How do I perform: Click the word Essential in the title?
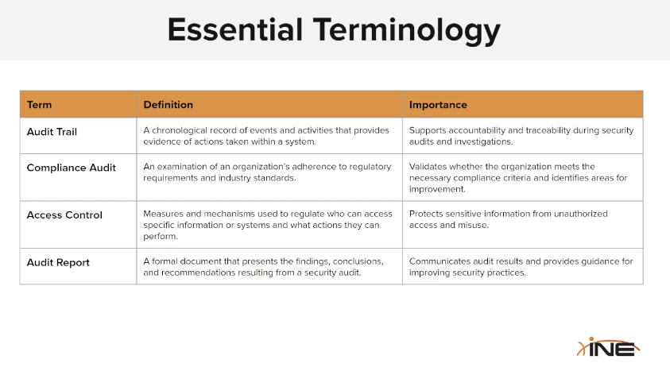(235, 30)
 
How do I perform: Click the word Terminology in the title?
(406, 31)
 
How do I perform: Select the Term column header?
(39, 105)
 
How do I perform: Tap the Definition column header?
(168, 105)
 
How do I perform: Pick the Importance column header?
(438, 105)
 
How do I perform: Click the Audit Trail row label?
(52, 132)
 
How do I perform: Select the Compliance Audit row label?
(72, 168)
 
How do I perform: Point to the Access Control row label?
(64, 215)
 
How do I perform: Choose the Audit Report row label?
(58, 262)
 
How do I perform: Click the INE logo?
(609, 347)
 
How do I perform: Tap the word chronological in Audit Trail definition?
(180, 130)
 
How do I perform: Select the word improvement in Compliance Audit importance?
(437, 189)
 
